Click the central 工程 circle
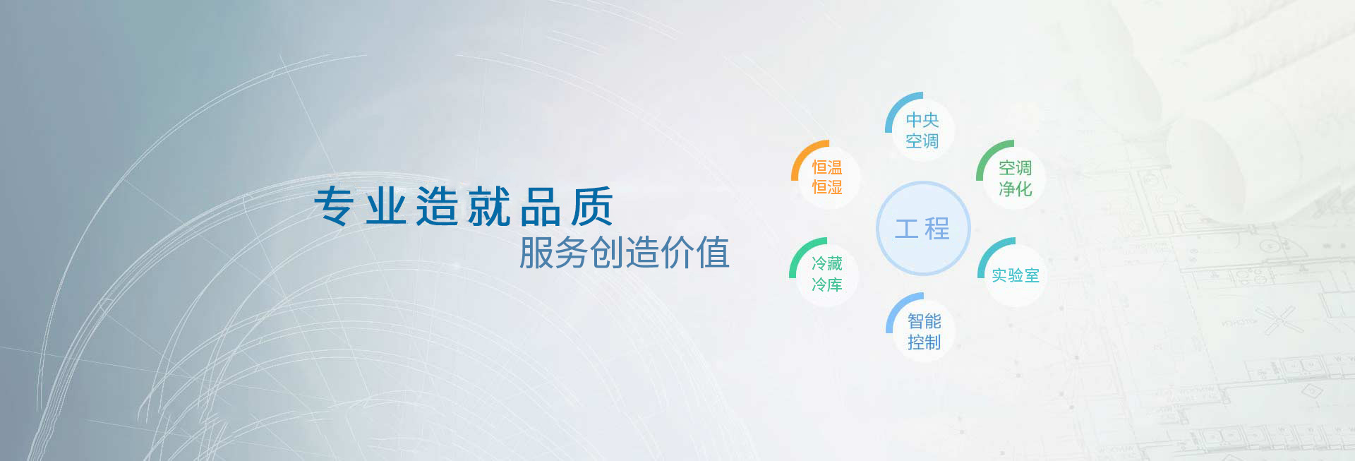[x=923, y=228]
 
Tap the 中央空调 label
[x=922, y=131]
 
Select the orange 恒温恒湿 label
[x=827, y=177]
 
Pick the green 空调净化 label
[x=1015, y=178]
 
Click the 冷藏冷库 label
[x=827, y=274]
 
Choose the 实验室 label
[x=1016, y=275]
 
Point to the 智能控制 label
[x=925, y=332]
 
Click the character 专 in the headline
[x=335, y=206]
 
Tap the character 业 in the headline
[x=386, y=206]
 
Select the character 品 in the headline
[x=541, y=206]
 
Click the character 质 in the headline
[x=592, y=206]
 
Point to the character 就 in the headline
[x=489, y=206]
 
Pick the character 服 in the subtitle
[x=536, y=253]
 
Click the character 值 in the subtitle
[x=713, y=253]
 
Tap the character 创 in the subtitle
[x=607, y=253]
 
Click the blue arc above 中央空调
[x=896, y=105]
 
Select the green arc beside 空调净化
[x=987, y=153]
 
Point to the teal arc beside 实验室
[x=988, y=251]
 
